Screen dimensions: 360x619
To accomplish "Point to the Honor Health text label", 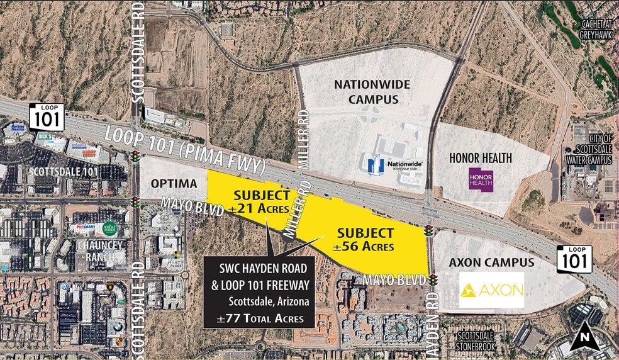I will (481, 158).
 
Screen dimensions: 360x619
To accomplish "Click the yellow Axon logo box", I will (491, 290).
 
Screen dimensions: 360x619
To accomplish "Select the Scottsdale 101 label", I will (64, 171).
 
